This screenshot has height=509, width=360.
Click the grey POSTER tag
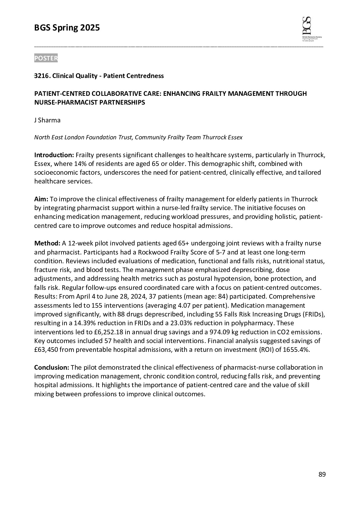(46, 58)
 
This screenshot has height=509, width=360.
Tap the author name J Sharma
(47, 120)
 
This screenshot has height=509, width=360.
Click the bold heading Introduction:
(54, 155)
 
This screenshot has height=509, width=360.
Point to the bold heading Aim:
(41, 199)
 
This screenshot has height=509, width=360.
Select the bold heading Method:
(47, 243)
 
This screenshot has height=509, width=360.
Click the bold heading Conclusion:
(52, 368)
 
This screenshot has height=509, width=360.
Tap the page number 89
(322, 475)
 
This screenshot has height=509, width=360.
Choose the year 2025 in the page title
(90, 28)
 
